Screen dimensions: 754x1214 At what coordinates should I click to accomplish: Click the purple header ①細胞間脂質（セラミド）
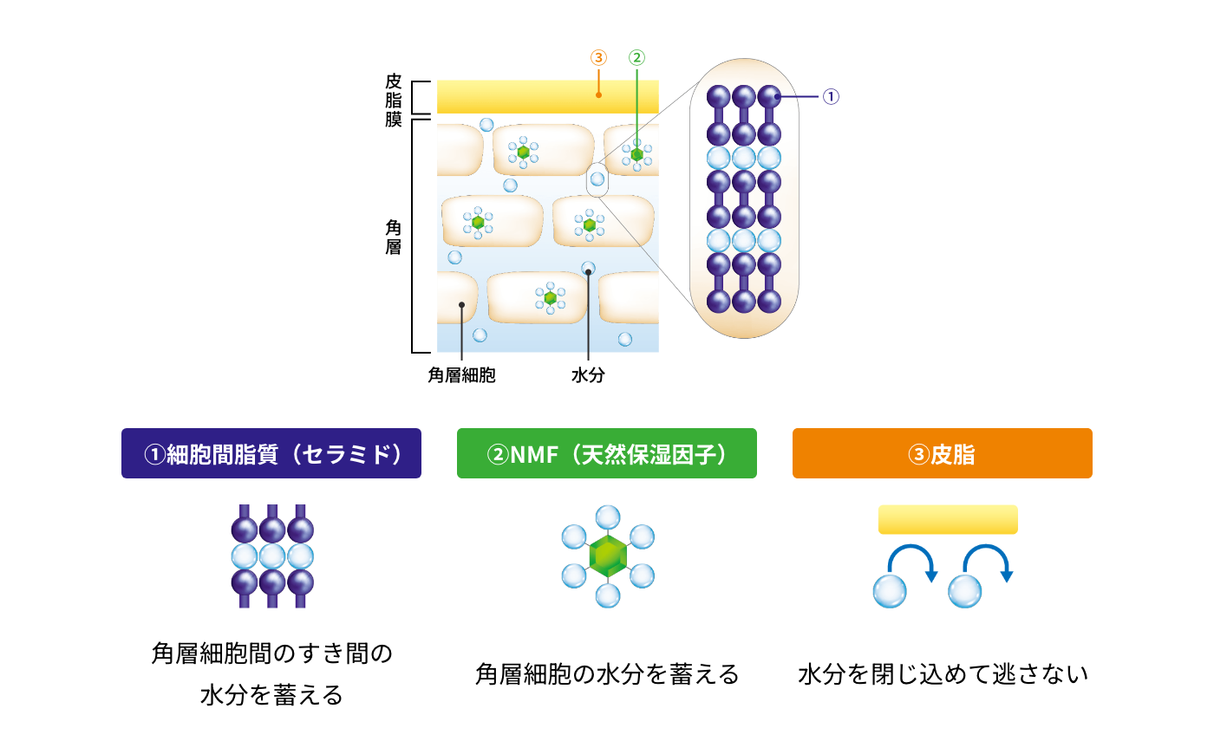click(x=271, y=453)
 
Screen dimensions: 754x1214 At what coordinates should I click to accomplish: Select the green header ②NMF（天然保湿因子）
click(x=606, y=453)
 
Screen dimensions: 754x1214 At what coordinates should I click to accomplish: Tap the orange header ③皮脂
click(x=942, y=453)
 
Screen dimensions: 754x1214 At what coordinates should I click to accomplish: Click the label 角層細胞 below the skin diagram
click(x=461, y=375)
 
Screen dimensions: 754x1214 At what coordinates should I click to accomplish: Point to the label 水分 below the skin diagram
click(x=588, y=375)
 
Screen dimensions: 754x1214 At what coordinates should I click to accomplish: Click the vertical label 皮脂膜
click(x=394, y=100)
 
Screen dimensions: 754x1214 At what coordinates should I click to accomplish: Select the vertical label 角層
click(x=394, y=237)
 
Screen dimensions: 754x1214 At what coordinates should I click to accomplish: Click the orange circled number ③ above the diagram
click(x=598, y=58)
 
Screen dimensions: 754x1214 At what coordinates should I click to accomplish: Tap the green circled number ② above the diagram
click(x=636, y=58)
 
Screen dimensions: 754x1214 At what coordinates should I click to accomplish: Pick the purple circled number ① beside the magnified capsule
click(x=831, y=96)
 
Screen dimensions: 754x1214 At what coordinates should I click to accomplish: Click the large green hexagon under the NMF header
click(x=608, y=556)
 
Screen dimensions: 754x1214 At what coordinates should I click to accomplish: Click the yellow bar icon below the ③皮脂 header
click(x=948, y=519)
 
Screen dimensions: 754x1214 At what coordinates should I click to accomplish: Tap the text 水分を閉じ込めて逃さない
click(x=943, y=674)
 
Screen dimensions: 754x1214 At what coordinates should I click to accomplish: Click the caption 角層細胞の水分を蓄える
click(x=607, y=674)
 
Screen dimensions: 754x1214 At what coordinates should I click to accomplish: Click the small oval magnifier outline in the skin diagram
click(x=597, y=179)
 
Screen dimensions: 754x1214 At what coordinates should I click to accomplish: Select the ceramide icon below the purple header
click(x=271, y=556)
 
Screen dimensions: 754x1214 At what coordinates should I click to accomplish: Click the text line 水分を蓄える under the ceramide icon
click(x=271, y=695)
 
